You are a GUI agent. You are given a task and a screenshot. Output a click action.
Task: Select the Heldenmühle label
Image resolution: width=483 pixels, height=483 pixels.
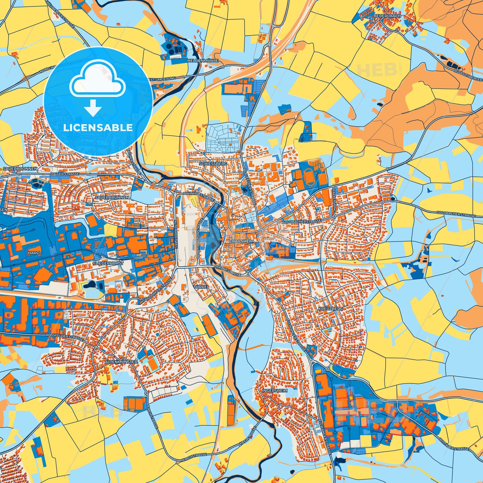click(x=203, y=61)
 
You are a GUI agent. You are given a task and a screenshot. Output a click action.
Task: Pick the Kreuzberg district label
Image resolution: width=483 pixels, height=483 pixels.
click(x=327, y=309)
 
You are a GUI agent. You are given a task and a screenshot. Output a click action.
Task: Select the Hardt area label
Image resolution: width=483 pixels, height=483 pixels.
click(x=35, y=253)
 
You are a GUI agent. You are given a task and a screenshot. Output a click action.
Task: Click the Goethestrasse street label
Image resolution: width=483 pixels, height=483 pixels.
click(x=228, y=271)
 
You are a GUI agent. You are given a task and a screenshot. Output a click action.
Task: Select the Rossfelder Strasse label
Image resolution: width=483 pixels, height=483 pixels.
click(x=65, y=337)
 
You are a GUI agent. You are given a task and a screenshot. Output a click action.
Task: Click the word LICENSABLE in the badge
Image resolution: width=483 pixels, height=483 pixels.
click(x=98, y=128)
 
